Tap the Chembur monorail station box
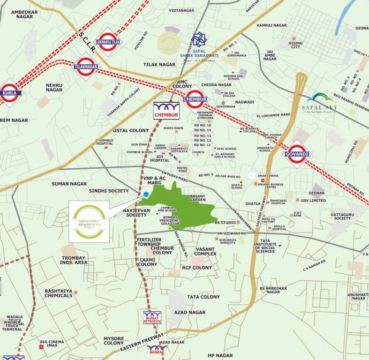click(x=166, y=110)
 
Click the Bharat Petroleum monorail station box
click(x=152, y=317)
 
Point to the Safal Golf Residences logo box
click(x=89, y=222)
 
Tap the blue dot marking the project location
click(x=146, y=194)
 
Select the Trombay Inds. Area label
click(x=75, y=260)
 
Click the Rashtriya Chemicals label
click(x=59, y=293)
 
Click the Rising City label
click(x=296, y=45)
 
